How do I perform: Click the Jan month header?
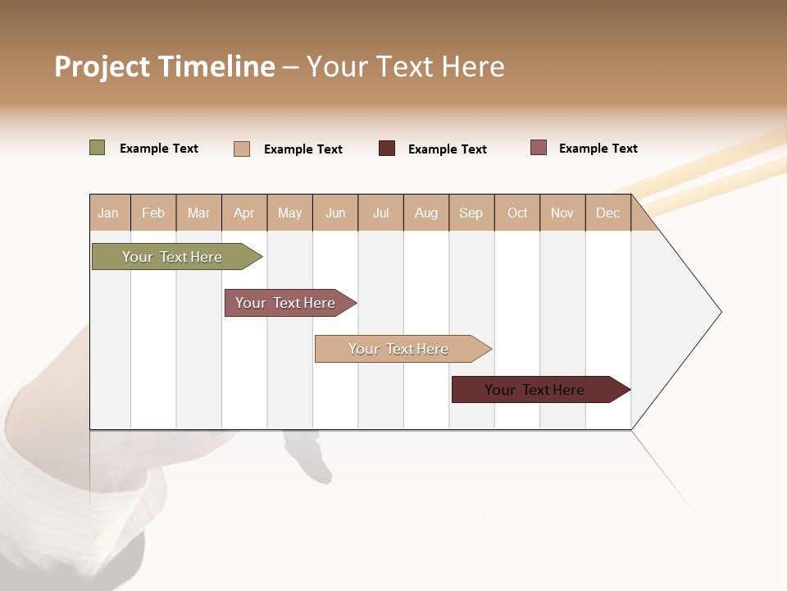click(109, 213)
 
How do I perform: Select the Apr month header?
click(244, 213)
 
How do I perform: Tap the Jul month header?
click(381, 213)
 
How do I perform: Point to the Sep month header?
click(471, 213)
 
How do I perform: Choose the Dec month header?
click(608, 213)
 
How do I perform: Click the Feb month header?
click(153, 213)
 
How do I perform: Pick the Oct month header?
click(517, 213)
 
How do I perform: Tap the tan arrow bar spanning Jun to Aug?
click(399, 349)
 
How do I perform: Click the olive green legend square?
click(97, 148)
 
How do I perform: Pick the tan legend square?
click(242, 149)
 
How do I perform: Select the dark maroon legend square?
click(387, 149)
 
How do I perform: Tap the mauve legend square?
click(538, 148)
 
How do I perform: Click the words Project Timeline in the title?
click(165, 66)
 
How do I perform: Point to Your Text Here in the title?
click(406, 66)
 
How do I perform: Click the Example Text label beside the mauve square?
click(598, 149)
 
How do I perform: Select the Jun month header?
click(335, 213)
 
